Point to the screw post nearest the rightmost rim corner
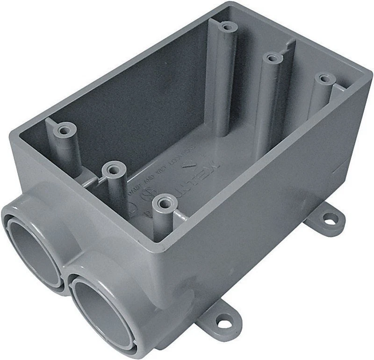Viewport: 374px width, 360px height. point(322,77)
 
